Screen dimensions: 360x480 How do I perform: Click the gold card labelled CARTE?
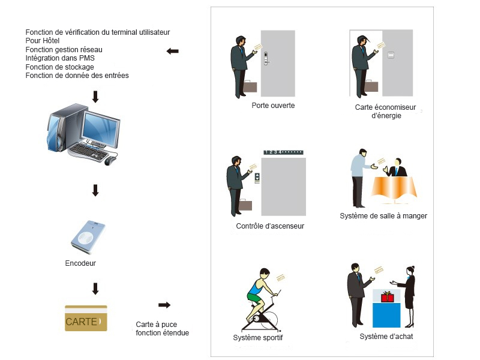[x=86, y=319]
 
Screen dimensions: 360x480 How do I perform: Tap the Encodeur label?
[x=80, y=263]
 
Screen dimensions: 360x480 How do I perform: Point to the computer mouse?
[x=109, y=161]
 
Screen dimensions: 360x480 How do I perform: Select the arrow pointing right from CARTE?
[x=164, y=305]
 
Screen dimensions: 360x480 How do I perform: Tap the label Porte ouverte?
[x=273, y=106]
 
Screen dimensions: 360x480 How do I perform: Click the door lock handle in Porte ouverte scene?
[x=266, y=58]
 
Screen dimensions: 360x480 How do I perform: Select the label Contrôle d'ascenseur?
[x=270, y=226]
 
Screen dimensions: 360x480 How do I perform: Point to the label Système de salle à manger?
[x=383, y=216]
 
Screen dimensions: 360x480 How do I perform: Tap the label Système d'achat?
[x=386, y=337]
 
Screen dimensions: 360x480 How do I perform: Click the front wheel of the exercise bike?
[x=268, y=322]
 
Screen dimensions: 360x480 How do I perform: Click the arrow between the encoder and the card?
[x=95, y=289]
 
